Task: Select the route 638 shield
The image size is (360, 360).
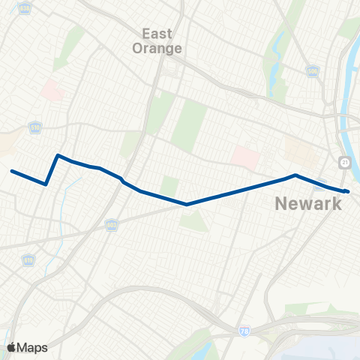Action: tap(27, 8)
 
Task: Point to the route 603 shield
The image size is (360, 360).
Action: tap(112, 224)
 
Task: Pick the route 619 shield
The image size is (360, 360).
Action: tap(28, 259)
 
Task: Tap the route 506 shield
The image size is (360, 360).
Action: tap(313, 71)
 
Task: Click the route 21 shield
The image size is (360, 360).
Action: tap(343, 163)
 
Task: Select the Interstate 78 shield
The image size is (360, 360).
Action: tap(244, 331)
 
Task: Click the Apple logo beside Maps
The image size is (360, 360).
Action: tap(11, 347)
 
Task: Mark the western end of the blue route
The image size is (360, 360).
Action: tap(12, 171)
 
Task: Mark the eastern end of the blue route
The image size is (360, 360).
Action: tap(348, 191)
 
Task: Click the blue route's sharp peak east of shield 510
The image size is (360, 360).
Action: tap(58, 155)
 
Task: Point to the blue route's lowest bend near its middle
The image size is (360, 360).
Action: tap(186, 204)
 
